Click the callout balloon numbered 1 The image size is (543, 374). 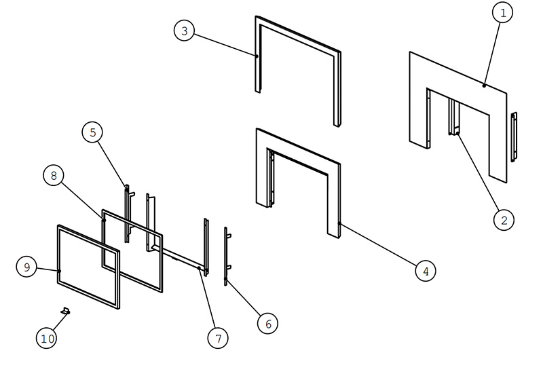(502, 12)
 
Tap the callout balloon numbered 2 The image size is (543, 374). (504, 220)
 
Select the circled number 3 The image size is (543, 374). (184, 31)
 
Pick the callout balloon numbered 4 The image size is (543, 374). (426, 271)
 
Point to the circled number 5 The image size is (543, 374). (92, 132)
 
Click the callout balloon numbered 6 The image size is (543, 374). (267, 324)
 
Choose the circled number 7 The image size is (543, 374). (218, 338)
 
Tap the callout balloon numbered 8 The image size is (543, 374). (54, 176)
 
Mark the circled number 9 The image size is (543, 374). (26, 267)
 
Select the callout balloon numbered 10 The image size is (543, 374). (47, 338)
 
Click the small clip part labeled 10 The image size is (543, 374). (65, 311)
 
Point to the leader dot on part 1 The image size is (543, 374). (484, 86)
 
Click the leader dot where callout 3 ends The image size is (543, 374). (257, 56)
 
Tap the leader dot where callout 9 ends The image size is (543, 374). (59, 271)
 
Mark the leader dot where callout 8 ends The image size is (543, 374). (104, 220)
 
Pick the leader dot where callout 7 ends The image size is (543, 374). (199, 268)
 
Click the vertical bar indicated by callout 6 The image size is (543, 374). (226, 257)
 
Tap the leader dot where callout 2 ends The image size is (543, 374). (457, 133)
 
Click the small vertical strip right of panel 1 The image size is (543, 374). (514, 137)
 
